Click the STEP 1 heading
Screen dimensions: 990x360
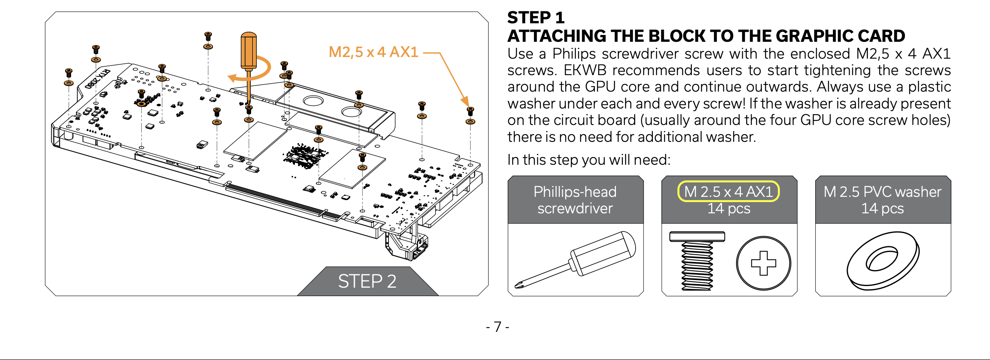click(536, 18)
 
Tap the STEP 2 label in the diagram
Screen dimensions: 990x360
click(367, 281)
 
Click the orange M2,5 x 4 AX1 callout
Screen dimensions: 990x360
click(373, 52)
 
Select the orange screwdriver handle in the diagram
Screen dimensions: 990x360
click(249, 51)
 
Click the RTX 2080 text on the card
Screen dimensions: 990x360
click(98, 79)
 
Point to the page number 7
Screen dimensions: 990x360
click(497, 327)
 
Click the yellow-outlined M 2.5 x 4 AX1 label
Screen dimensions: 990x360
click(728, 192)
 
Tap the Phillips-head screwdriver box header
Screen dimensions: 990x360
click(575, 200)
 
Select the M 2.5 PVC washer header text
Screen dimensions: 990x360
click(882, 192)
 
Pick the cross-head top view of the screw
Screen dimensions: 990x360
click(763, 263)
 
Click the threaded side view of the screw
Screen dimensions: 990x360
click(697, 261)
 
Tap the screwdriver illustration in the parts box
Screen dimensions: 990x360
click(575, 260)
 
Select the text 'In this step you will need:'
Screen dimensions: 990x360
click(589, 160)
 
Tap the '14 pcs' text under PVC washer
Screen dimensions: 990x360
click(882, 209)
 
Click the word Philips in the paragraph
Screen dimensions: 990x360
click(574, 54)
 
